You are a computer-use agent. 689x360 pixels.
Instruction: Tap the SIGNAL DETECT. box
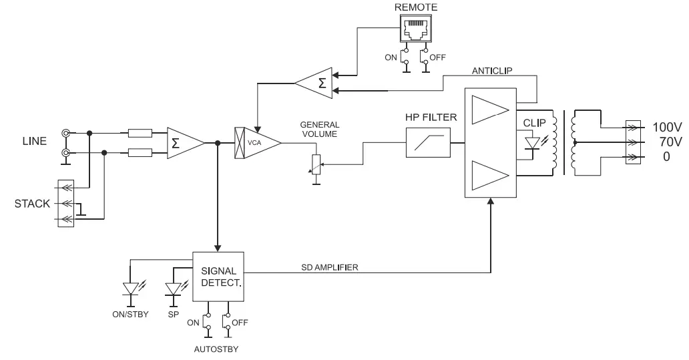click(218, 277)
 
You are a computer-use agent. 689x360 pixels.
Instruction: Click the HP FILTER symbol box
click(427, 143)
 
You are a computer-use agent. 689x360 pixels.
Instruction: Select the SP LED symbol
click(174, 289)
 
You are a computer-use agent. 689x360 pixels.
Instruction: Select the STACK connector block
click(65, 203)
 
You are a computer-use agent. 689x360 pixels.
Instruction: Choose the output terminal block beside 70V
click(631, 142)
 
